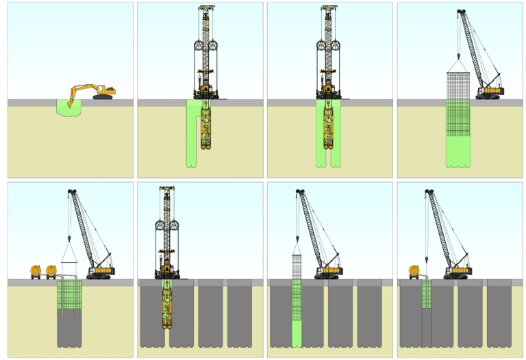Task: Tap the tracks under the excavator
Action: [103, 97]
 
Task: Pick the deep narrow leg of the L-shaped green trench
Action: [192, 144]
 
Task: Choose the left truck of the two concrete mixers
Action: [36, 272]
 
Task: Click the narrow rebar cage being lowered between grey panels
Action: [297, 287]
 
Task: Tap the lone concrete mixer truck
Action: [413, 272]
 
